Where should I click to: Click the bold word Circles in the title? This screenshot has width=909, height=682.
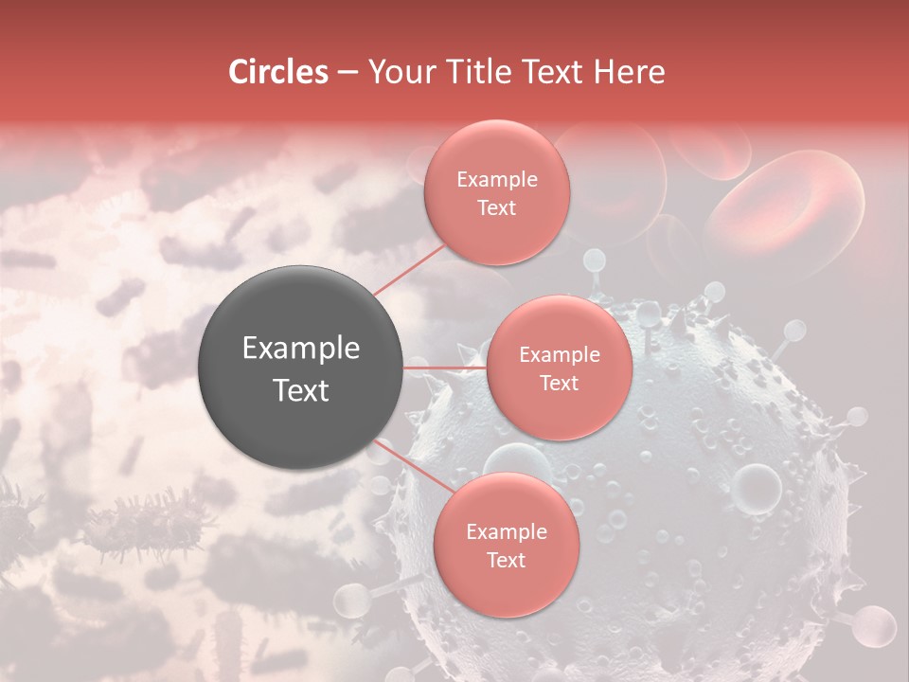(278, 72)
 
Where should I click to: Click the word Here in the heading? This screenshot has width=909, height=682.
(631, 72)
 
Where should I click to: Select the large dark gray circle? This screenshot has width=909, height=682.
(301, 368)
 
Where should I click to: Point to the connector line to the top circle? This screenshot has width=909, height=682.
(409, 268)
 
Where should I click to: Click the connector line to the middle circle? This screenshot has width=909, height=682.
(445, 368)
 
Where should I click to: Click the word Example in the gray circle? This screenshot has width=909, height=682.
(301, 349)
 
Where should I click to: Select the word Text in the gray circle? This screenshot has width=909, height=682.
(301, 390)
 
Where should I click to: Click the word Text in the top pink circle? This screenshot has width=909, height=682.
(496, 208)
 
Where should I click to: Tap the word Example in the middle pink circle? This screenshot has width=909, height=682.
(559, 355)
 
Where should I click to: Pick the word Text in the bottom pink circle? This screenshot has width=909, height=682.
(506, 561)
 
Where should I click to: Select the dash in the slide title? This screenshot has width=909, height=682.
(347, 72)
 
